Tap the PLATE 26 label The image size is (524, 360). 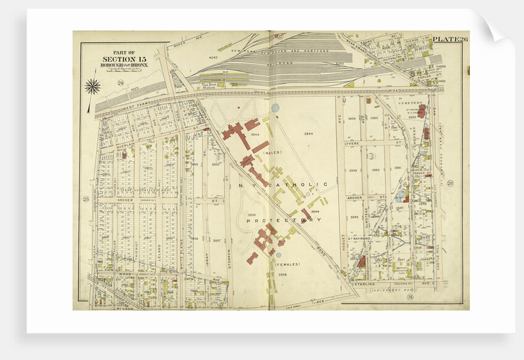click(x=449, y=40)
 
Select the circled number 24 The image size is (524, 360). click(x=121, y=83)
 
